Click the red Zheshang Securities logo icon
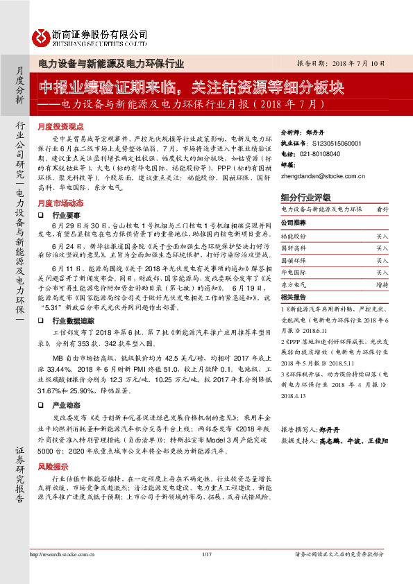coord(42,35)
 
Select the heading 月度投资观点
coord(60,128)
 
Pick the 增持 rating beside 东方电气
coord(382,284)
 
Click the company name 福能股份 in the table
coord(293,237)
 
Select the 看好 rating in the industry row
coord(382,209)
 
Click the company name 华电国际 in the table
coord(293,273)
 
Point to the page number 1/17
coord(205,573)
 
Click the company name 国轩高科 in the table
coord(293,248)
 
